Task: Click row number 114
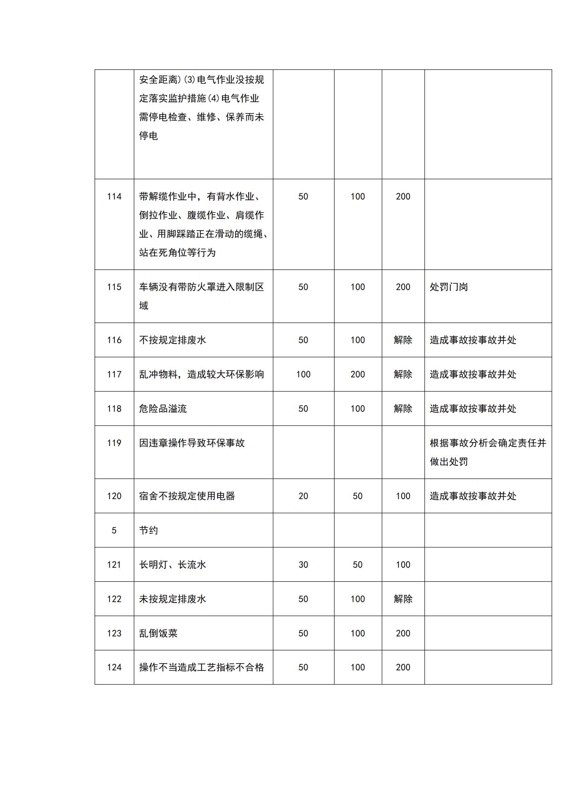pyautogui.click(x=114, y=197)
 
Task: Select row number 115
pyautogui.click(x=114, y=287)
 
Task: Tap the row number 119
pyautogui.click(x=114, y=443)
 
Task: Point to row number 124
pyautogui.click(x=114, y=667)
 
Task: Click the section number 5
pyautogui.click(x=114, y=530)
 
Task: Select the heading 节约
pyautogui.click(x=149, y=530)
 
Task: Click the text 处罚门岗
pyautogui.click(x=448, y=287)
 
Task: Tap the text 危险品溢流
pyautogui.click(x=163, y=409)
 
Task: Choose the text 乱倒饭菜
pyautogui.click(x=158, y=633)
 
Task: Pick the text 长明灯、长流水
pyautogui.click(x=172, y=565)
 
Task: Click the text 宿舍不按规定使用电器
pyautogui.click(x=187, y=496)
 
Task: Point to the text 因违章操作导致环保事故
pyautogui.click(x=192, y=443)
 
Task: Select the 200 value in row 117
pyautogui.click(x=358, y=374)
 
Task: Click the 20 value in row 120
pyautogui.click(x=303, y=496)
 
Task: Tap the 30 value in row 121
pyautogui.click(x=303, y=565)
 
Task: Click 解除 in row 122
pyautogui.click(x=403, y=599)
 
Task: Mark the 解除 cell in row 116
pyautogui.click(x=403, y=340)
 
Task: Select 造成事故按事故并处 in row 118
pyautogui.click(x=473, y=409)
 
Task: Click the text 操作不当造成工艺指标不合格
pyautogui.click(x=201, y=667)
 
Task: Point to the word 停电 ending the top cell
pyautogui.click(x=149, y=136)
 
